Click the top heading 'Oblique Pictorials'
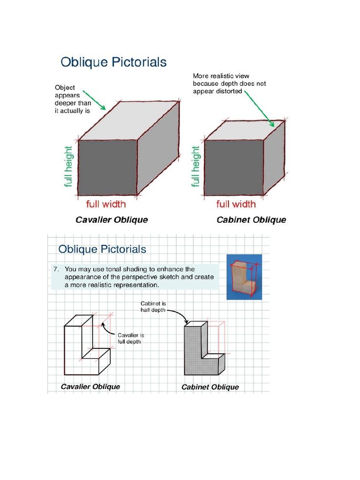[x=113, y=62]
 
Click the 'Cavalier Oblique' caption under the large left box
[x=112, y=220]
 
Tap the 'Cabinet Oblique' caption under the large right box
[x=251, y=220]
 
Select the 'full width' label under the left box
[x=106, y=204]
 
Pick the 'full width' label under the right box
[x=236, y=204]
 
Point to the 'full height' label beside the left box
[x=68, y=167]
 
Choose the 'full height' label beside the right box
[x=195, y=167]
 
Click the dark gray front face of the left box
[x=107, y=167]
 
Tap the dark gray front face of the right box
[x=234, y=167]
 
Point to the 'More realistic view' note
[x=229, y=83]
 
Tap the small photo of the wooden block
[x=244, y=277]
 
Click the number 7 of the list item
[x=55, y=270]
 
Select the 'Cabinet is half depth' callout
[x=153, y=307]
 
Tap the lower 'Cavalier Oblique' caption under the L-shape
[x=90, y=387]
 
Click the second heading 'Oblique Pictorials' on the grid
[x=102, y=249]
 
